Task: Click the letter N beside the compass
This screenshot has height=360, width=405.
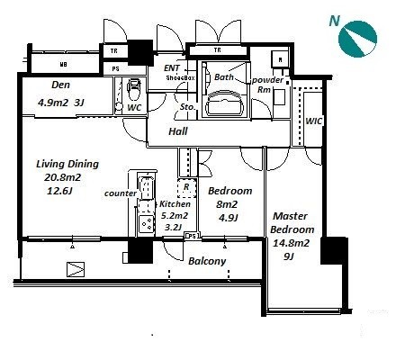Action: (335, 22)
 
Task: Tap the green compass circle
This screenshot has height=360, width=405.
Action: (357, 39)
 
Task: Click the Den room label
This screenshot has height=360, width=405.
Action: (60, 85)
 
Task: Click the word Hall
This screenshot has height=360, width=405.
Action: (178, 131)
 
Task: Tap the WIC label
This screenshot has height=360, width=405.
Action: (314, 121)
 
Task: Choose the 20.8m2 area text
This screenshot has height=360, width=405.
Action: (62, 177)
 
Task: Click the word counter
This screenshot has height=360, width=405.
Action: (121, 193)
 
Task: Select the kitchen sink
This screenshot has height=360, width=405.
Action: (146, 187)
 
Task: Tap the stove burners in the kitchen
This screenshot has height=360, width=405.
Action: (147, 224)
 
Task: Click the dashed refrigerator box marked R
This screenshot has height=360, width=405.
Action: (186, 188)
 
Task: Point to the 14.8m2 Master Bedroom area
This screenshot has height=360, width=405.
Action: (291, 243)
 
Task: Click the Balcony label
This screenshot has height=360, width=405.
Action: (207, 261)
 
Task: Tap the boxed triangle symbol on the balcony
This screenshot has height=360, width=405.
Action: (76, 269)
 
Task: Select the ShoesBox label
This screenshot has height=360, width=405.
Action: (181, 77)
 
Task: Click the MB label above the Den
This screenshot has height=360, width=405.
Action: (63, 64)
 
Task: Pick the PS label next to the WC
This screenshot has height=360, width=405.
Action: (115, 69)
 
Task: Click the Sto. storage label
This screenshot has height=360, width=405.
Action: (188, 107)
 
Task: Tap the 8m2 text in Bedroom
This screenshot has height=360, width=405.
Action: (227, 204)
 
